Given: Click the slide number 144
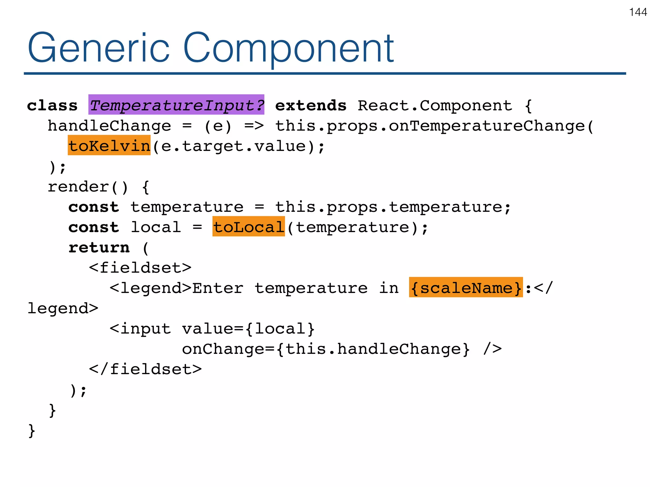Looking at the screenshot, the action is [638, 12].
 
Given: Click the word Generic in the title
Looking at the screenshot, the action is [98, 48].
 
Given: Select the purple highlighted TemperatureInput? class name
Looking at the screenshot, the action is [176, 105].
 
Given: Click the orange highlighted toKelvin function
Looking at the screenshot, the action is [109, 145].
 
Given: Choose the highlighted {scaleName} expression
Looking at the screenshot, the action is [466, 287].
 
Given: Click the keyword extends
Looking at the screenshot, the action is [310, 105].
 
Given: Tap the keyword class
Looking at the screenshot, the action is [52, 105].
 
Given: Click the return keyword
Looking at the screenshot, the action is [99, 247].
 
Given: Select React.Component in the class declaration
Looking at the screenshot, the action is [435, 105].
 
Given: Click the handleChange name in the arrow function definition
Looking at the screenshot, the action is [109, 126].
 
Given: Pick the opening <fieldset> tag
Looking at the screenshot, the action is [140, 268].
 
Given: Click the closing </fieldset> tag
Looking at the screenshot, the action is [145, 369].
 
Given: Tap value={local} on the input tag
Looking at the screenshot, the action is [248, 328].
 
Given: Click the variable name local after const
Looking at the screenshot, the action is [156, 227].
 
